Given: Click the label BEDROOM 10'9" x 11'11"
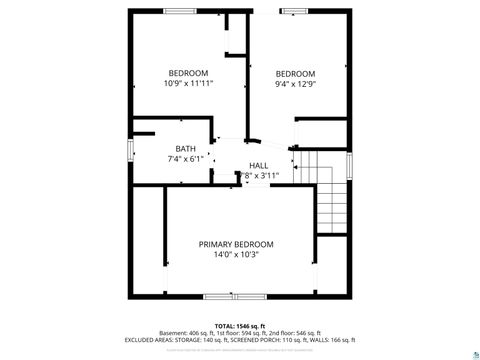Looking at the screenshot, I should coord(188,78).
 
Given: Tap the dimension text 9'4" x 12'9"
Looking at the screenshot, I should coord(295,85).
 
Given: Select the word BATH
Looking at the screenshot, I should coord(186,149).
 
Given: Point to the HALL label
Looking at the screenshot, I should coord(258,166).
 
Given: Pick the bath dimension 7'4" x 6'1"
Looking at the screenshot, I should coord(185,159).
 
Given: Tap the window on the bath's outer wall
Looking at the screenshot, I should coord(130,150).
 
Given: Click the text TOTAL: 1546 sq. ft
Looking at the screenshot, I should coord(237,326).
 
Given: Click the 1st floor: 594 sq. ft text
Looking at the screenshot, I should coord(241,333).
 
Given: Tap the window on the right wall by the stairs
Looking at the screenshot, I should coord(349,165).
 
